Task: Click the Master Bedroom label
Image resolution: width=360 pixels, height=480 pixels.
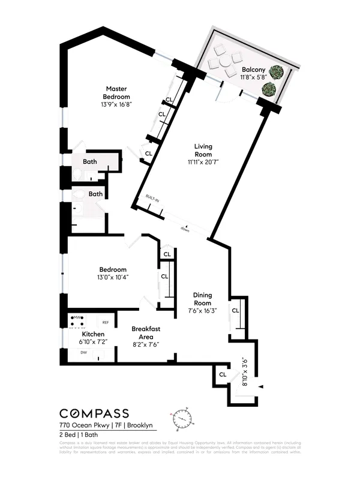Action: pos(116,92)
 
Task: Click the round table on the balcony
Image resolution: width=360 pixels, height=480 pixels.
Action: pos(224,62)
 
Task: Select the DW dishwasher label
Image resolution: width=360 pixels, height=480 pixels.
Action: pos(84,353)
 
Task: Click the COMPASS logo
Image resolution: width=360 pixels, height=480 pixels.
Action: pos(94,413)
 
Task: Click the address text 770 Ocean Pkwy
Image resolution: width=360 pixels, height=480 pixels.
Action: pos(83,425)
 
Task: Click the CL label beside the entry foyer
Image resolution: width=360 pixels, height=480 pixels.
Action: pos(222,374)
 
